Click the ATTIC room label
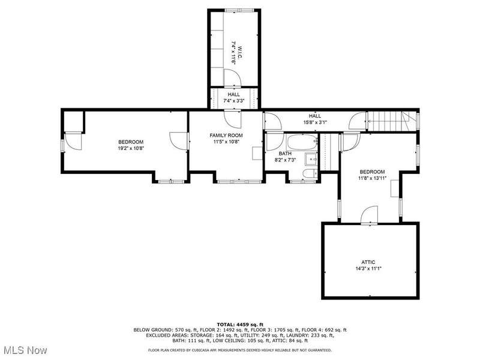pos(368,262)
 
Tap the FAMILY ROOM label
pos(226,136)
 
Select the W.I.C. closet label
pos(239,53)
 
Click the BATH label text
pos(285,154)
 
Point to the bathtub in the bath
pos(302,142)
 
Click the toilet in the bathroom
pos(310,174)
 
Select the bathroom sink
pos(311,159)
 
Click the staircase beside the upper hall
pos(391,122)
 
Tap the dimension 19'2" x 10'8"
pos(131,148)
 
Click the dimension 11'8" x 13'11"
pos(372,178)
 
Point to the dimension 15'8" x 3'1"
pos(314,122)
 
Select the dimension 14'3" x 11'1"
pos(368,268)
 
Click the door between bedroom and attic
pos(370,215)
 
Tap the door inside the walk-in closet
pos(232,78)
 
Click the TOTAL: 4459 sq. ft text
pos(240,325)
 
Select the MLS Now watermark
pos(24,350)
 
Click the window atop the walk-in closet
pos(239,10)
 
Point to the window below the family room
pos(239,182)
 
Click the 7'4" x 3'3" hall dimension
pos(234,100)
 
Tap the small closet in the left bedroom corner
pos(73,122)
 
